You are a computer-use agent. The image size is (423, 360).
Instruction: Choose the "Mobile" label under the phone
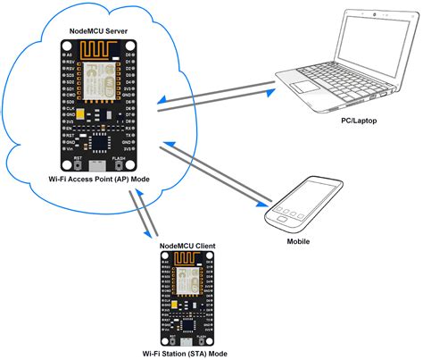click(297, 241)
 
